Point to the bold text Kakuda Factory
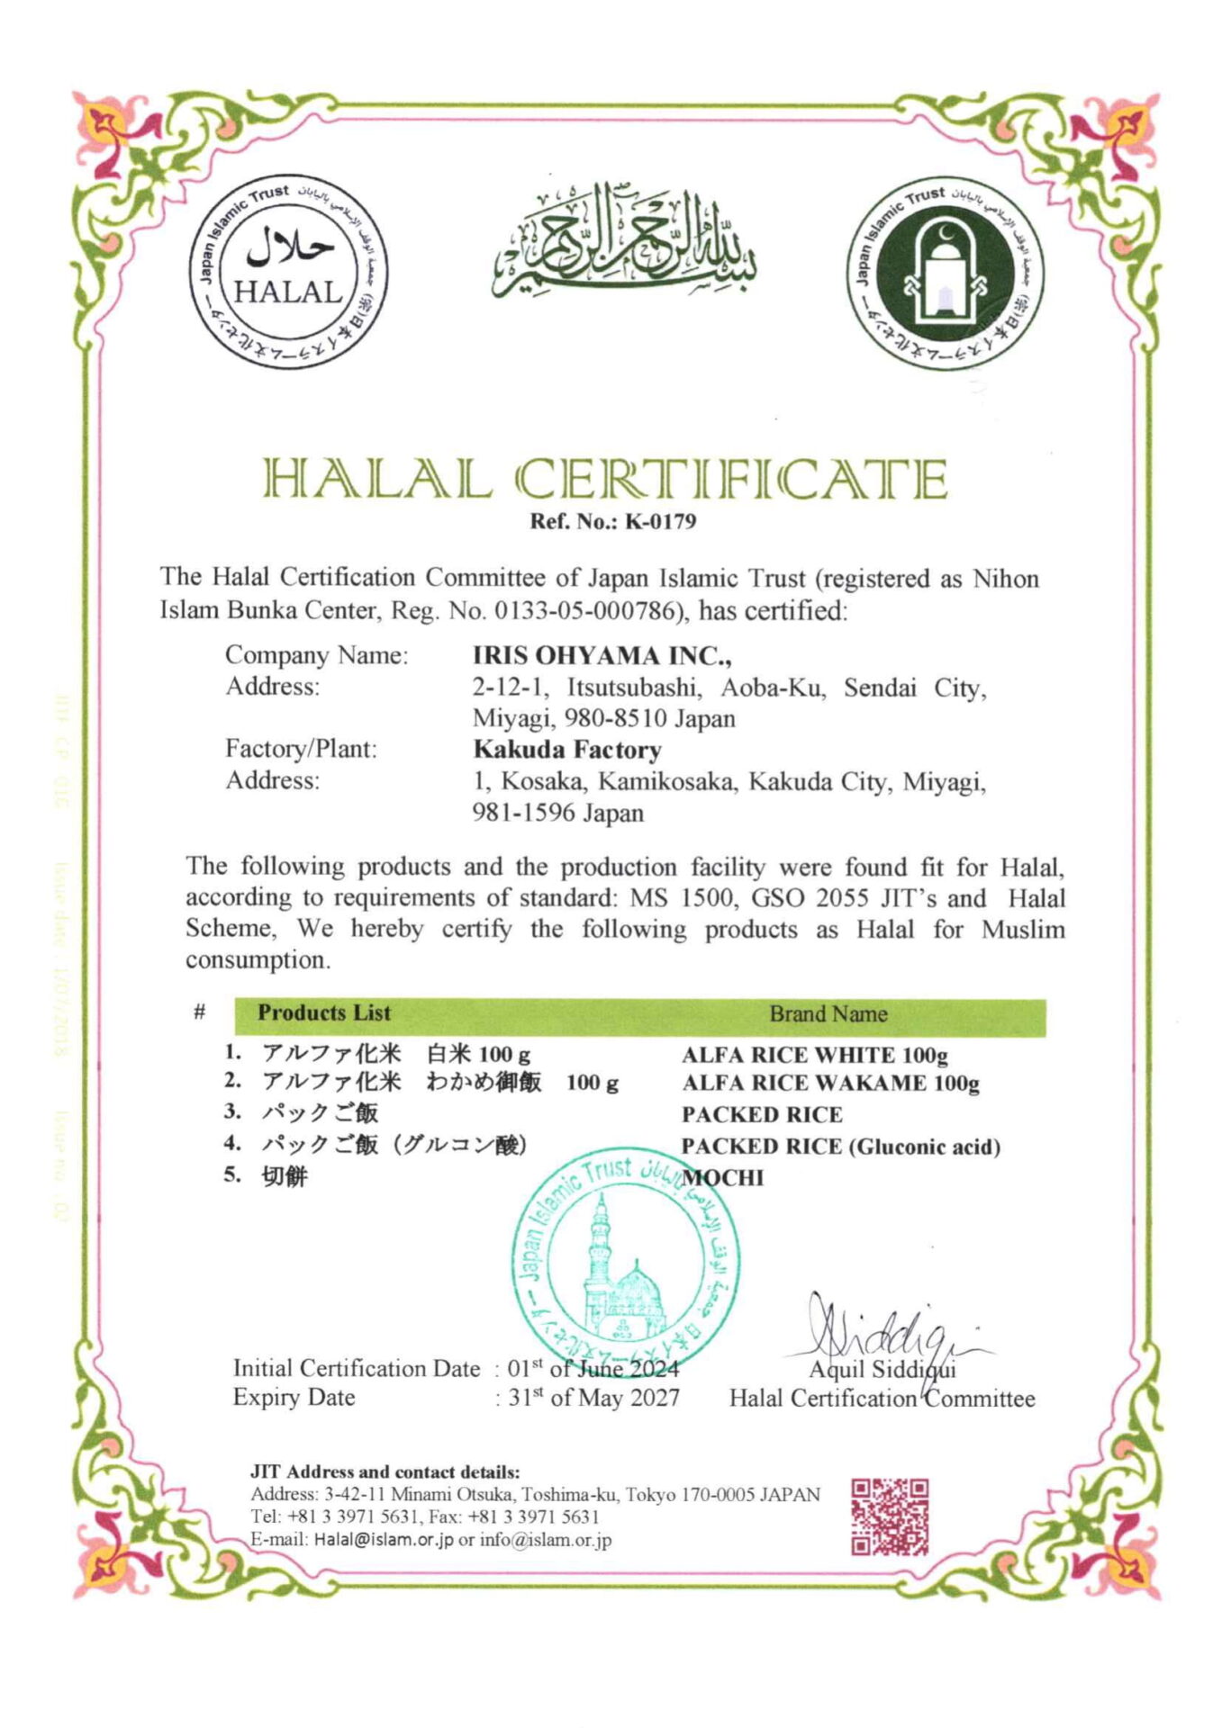[567, 750]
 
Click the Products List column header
[324, 1012]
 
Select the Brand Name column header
[828, 1014]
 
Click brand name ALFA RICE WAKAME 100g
[829, 1083]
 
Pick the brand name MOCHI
[723, 1177]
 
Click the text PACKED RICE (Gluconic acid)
[840, 1147]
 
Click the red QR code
[890, 1516]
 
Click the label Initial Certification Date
[356, 1369]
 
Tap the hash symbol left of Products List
[200, 1012]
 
